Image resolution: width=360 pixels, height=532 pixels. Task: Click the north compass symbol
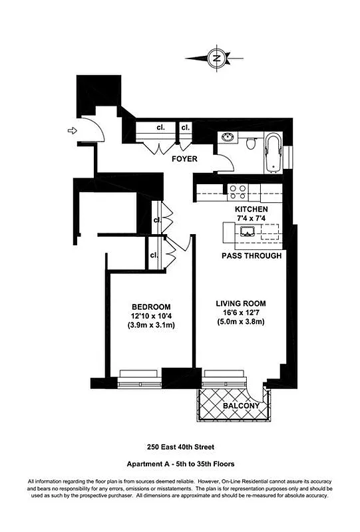tap(216, 58)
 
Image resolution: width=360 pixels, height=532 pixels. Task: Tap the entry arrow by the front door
tap(73, 132)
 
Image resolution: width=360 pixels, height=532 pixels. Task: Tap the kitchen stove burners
tap(238, 192)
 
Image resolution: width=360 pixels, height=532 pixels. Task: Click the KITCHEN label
tap(252, 209)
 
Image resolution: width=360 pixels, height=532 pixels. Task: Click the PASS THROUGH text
tap(251, 256)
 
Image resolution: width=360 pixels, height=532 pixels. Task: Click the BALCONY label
tap(237, 405)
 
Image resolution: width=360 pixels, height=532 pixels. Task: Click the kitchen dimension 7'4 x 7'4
tap(252, 219)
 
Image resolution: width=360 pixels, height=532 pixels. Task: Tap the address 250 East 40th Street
tap(180, 448)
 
